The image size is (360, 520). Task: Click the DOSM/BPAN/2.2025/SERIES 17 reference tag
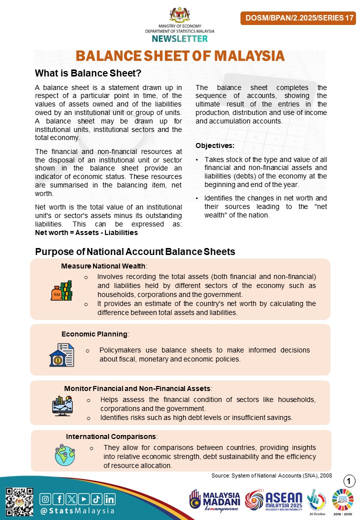pos(298,18)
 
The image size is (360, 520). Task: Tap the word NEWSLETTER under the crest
pos(180,38)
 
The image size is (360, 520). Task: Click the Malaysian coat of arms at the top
pos(180,15)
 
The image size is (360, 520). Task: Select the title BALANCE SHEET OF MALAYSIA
pos(180,55)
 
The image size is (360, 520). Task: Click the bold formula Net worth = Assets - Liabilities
pos(86,232)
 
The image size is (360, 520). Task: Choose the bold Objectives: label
pos(214,145)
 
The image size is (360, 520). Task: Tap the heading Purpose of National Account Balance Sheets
pos(135,251)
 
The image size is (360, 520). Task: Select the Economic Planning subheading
pos(95,334)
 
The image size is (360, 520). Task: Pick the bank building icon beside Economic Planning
pos(61,354)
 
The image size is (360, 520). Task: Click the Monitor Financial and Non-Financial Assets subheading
pos(138,388)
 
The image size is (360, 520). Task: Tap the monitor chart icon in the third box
pos(62,406)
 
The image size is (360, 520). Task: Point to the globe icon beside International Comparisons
pos(64,455)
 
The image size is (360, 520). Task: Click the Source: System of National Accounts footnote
pos(271,475)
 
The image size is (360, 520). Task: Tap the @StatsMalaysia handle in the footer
pos(77,511)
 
